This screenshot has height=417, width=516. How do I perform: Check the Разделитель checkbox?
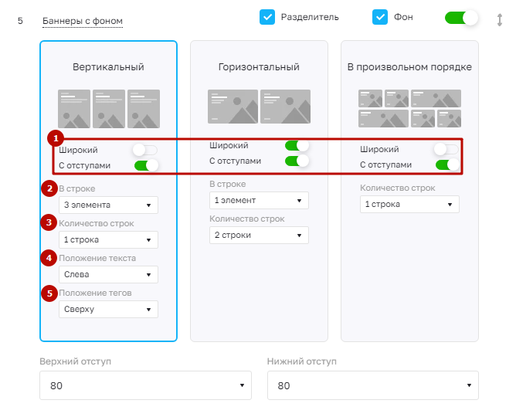[267, 17]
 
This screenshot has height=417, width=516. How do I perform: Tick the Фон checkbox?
[380, 17]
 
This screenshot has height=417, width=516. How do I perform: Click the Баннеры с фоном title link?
[83, 21]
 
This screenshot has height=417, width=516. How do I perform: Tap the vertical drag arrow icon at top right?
[500, 20]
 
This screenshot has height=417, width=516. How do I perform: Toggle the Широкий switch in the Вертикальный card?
[144, 150]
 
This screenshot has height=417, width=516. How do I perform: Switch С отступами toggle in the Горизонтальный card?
[297, 161]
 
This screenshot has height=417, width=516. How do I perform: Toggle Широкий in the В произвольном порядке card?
[446, 149]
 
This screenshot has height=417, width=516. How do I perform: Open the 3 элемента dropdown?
[108, 205]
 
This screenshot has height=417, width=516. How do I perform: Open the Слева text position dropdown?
[108, 274]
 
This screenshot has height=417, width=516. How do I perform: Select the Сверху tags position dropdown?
[108, 309]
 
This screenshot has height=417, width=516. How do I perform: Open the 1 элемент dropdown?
[259, 200]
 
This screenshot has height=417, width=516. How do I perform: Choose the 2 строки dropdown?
[259, 235]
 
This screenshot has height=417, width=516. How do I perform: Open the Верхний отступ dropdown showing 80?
[145, 385]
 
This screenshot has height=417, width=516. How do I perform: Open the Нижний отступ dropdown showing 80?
[373, 385]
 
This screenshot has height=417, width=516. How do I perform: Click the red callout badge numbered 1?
[56, 138]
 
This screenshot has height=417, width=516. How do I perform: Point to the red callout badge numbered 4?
[49, 258]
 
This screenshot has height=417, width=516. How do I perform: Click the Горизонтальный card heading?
[259, 67]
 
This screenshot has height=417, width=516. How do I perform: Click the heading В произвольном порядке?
[409, 67]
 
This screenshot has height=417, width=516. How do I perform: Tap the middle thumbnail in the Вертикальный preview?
[109, 109]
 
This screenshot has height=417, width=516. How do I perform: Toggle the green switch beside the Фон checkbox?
[461, 18]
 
